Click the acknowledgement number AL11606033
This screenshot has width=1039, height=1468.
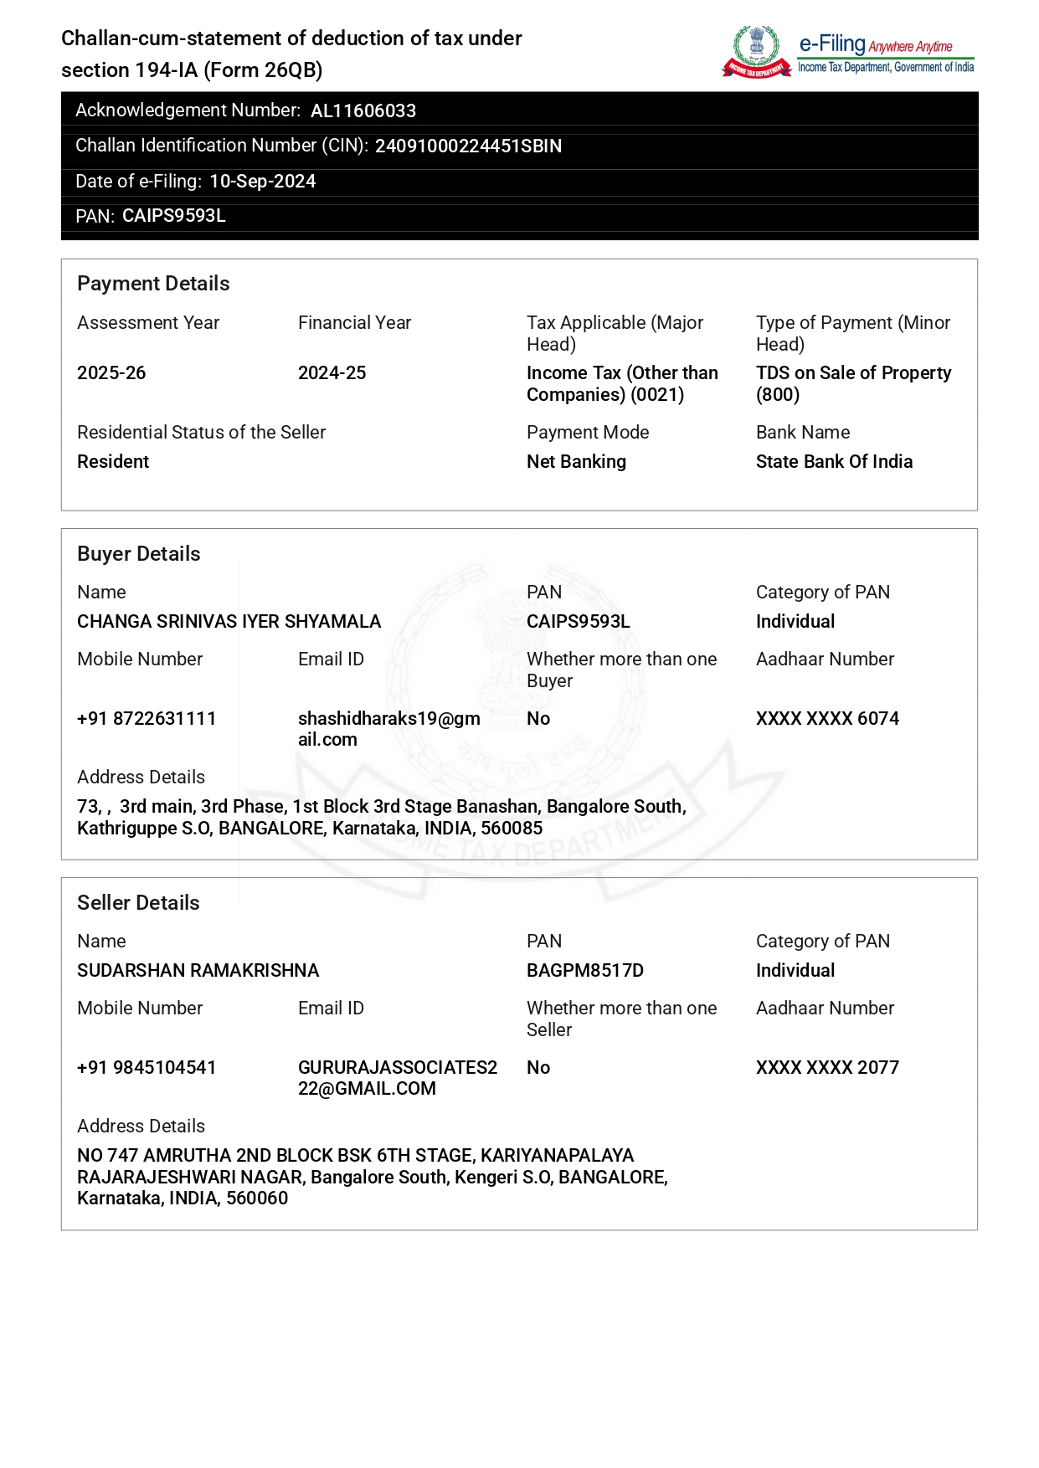point(363,111)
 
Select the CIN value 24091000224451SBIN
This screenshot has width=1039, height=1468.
point(468,146)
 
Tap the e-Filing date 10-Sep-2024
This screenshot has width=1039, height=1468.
point(262,182)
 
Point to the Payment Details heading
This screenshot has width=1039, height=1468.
point(153,284)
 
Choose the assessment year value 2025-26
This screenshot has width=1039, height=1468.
point(111,373)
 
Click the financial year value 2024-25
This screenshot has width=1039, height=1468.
point(332,373)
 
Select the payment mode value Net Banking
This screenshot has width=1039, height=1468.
point(576,462)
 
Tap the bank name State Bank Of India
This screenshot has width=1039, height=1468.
point(834,462)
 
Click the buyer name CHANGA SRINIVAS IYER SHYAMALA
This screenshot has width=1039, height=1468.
point(229,622)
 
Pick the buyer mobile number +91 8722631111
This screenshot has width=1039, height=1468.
point(147,719)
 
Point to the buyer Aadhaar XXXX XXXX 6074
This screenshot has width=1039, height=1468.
point(827,719)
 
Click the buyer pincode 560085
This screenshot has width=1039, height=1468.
point(512,829)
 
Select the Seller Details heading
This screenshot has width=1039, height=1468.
point(138,903)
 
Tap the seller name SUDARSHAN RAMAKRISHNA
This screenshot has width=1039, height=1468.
point(198,971)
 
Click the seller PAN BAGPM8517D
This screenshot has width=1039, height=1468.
point(585,971)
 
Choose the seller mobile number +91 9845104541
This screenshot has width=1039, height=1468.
point(147,1068)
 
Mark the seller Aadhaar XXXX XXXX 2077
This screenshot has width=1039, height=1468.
point(827,1068)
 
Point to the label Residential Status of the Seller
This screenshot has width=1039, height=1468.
point(201,433)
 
